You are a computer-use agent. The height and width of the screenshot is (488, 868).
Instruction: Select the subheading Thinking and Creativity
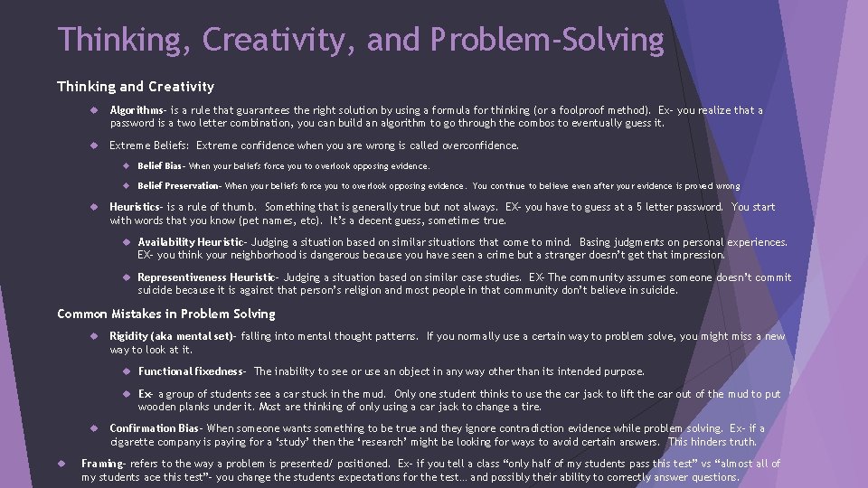[136, 87]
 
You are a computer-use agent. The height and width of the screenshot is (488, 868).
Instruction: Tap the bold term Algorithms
[137, 110]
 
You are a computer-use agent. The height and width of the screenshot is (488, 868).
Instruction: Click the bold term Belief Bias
[160, 166]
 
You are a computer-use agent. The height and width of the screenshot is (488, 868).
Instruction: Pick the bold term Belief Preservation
[178, 186]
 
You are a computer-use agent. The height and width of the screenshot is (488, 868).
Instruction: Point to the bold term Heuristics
[137, 207]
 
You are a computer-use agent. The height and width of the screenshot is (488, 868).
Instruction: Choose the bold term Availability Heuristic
[190, 242]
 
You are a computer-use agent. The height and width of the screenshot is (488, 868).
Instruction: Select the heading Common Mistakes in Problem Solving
[165, 314]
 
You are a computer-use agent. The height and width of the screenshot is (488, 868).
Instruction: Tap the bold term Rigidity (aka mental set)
[171, 336]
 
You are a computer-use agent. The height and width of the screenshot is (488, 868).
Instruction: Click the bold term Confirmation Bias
[155, 428]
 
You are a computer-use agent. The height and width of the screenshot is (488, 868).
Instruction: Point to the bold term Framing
[102, 464]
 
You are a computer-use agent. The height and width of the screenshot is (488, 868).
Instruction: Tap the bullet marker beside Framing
[64, 464]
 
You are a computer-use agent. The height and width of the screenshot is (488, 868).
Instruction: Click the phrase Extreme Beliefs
[149, 145]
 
